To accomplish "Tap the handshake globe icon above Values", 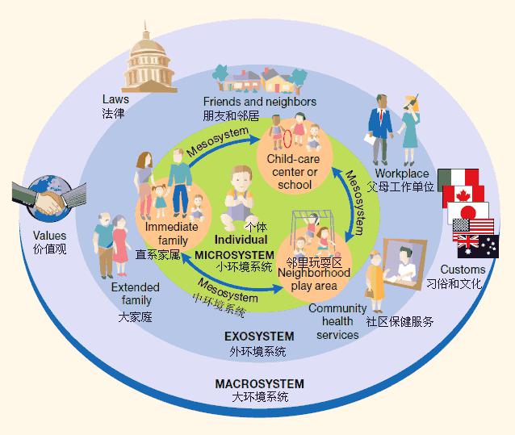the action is tap(49, 199).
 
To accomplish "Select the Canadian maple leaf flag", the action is tap(463, 195).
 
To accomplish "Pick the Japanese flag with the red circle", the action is tap(468, 212).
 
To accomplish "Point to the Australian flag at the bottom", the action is tap(478, 246).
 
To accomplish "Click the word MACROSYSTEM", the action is tap(259, 384).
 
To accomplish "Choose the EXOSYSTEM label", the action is tap(259, 337).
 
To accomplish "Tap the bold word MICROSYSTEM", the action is tap(235, 255).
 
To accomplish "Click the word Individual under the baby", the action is tap(241, 240).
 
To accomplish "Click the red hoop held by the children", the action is tap(287, 139).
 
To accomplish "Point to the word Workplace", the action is tap(402, 173).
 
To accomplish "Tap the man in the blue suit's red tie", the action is tap(381, 115).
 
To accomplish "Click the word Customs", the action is tap(463, 270).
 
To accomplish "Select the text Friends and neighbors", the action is tap(260, 102).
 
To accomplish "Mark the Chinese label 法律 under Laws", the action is tap(113, 114).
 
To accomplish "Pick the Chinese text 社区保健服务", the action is tap(400, 322).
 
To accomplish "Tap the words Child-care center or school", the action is tap(293, 172).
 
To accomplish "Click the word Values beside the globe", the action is tap(49, 236).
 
